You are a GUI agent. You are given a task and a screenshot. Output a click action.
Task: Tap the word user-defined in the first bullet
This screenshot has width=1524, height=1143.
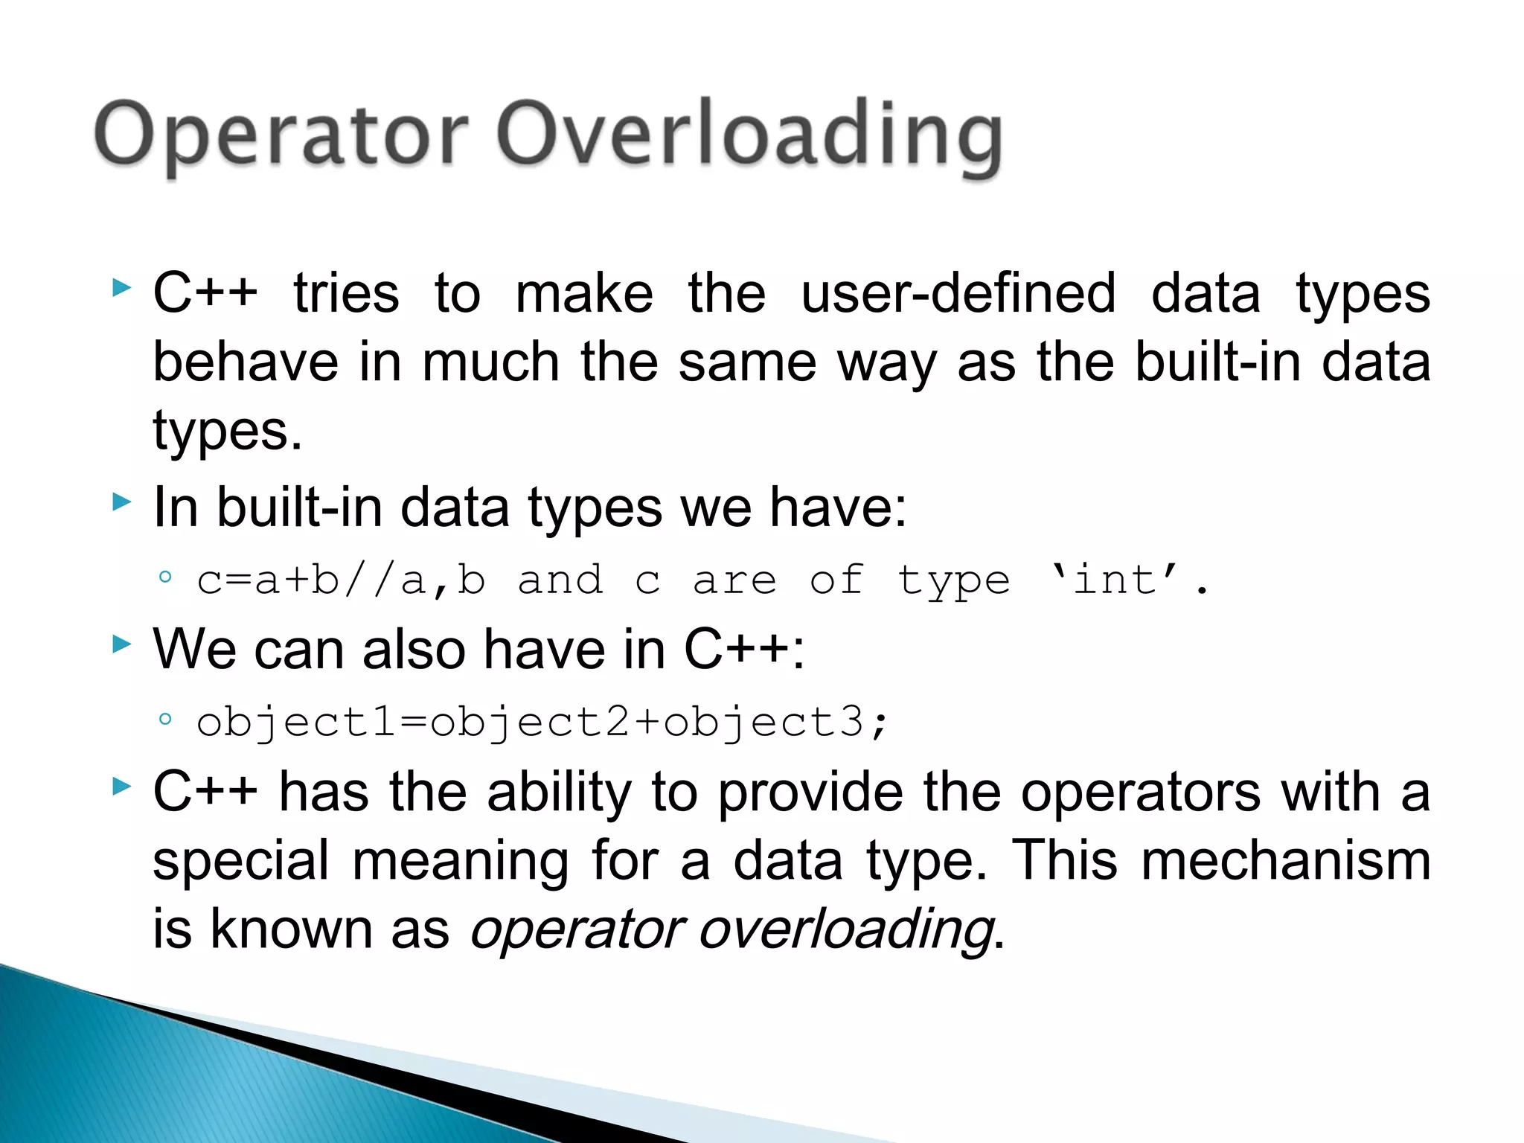(958, 293)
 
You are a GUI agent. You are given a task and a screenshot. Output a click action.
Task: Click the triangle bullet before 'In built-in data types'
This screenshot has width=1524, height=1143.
(121, 503)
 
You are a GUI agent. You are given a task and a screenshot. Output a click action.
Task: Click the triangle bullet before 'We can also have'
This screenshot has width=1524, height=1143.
(121, 644)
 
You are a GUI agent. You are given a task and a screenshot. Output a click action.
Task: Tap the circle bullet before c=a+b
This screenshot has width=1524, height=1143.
(165, 577)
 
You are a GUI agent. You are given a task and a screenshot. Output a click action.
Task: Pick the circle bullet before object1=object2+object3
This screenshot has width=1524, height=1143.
(165, 719)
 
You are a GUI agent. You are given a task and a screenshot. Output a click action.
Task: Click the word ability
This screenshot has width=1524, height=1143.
(559, 792)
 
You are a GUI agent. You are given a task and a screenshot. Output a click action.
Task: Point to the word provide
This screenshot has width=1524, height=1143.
(810, 792)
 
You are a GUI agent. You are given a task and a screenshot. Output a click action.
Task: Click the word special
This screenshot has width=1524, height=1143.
(240, 861)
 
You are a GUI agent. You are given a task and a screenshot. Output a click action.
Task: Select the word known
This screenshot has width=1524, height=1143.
(291, 929)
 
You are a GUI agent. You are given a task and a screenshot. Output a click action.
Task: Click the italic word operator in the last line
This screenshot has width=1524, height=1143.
(577, 930)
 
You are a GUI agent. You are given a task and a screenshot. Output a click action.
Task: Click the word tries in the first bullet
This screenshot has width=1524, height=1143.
(346, 293)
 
